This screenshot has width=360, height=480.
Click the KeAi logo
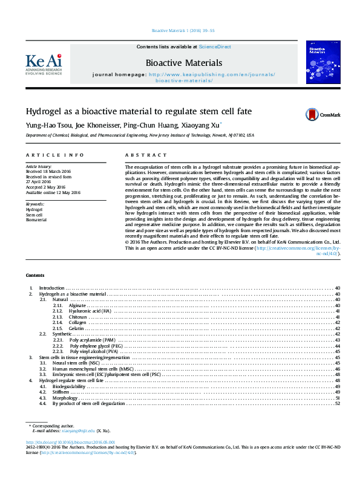click(44, 62)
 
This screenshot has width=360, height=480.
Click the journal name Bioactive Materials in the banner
click(183, 63)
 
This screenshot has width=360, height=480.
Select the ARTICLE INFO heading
click(46, 155)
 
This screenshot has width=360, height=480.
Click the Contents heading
click(34, 274)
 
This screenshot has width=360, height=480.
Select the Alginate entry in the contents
click(77, 306)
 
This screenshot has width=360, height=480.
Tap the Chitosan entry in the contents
click(78, 317)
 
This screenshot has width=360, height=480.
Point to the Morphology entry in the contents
click(65, 398)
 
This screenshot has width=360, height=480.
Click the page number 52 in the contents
click(337, 404)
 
